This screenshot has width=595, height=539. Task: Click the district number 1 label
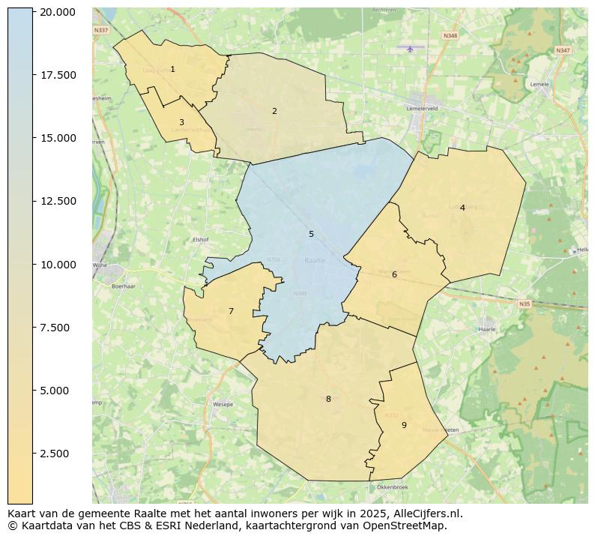click(x=172, y=70)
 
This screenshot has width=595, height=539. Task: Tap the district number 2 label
click(x=274, y=112)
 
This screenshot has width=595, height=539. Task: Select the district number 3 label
click(x=181, y=122)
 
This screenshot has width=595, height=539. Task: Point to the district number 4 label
click(x=462, y=208)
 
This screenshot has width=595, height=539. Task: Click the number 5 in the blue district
click(x=311, y=235)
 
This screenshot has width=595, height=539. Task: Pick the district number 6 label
click(x=394, y=275)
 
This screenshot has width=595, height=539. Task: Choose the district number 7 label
click(x=231, y=312)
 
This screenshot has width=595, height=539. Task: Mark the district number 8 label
click(x=328, y=400)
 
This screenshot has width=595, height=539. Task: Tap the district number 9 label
click(x=404, y=426)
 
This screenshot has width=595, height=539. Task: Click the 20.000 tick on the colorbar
click(x=58, y=12)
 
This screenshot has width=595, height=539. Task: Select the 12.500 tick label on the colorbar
click(x=58, y=201)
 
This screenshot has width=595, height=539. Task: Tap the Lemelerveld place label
click(x=421, y=108)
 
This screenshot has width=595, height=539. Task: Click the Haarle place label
click(x=487, y=329)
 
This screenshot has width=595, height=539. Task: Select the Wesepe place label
click(x=223, y=404)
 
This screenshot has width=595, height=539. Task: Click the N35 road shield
click(x=524, y=304)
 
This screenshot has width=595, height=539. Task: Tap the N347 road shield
click(x=563, y=50)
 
